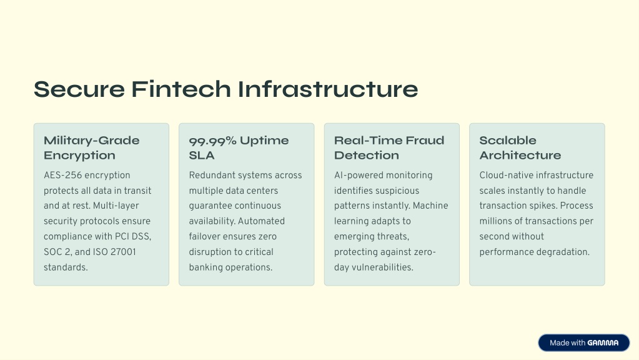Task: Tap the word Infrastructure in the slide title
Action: point(328,89)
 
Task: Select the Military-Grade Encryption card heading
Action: point(92,147)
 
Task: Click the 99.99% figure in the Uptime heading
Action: point(212,141)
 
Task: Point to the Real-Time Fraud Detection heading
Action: point(389,147)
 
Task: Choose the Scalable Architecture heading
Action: point(520,147)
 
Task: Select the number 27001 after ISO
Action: point(123,252)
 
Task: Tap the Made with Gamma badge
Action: point(584,343)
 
